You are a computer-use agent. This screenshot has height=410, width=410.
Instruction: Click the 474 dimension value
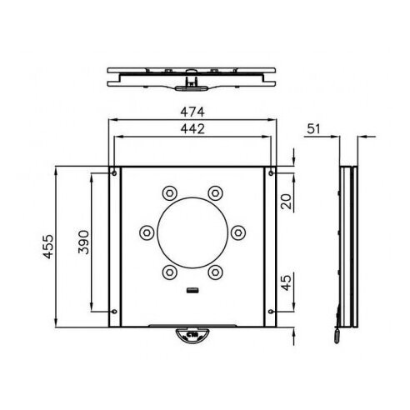pyautogui.click(x=192, y=112)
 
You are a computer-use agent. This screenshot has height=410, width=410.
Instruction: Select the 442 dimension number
pyautogui.click(x=192, y=129)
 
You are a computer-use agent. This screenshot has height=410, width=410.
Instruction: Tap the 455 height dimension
pyautogui.click(x=48, y=247)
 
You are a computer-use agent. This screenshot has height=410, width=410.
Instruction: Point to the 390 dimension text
pyautogui.click(x=83, y=242)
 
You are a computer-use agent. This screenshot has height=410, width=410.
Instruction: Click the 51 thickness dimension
pyautogui.click(x=313, y=129)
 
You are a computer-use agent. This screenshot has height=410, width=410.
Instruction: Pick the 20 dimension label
pyautogui.click(x=286, y=202)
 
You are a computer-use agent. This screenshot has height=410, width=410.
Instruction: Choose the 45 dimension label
pyautogui.click(x=286, y=282)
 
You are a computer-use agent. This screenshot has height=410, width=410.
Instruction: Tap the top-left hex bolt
pyautogui.click(x=170, y=193)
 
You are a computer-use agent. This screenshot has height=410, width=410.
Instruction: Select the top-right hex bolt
pyautogui.click(x=216, y=193)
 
